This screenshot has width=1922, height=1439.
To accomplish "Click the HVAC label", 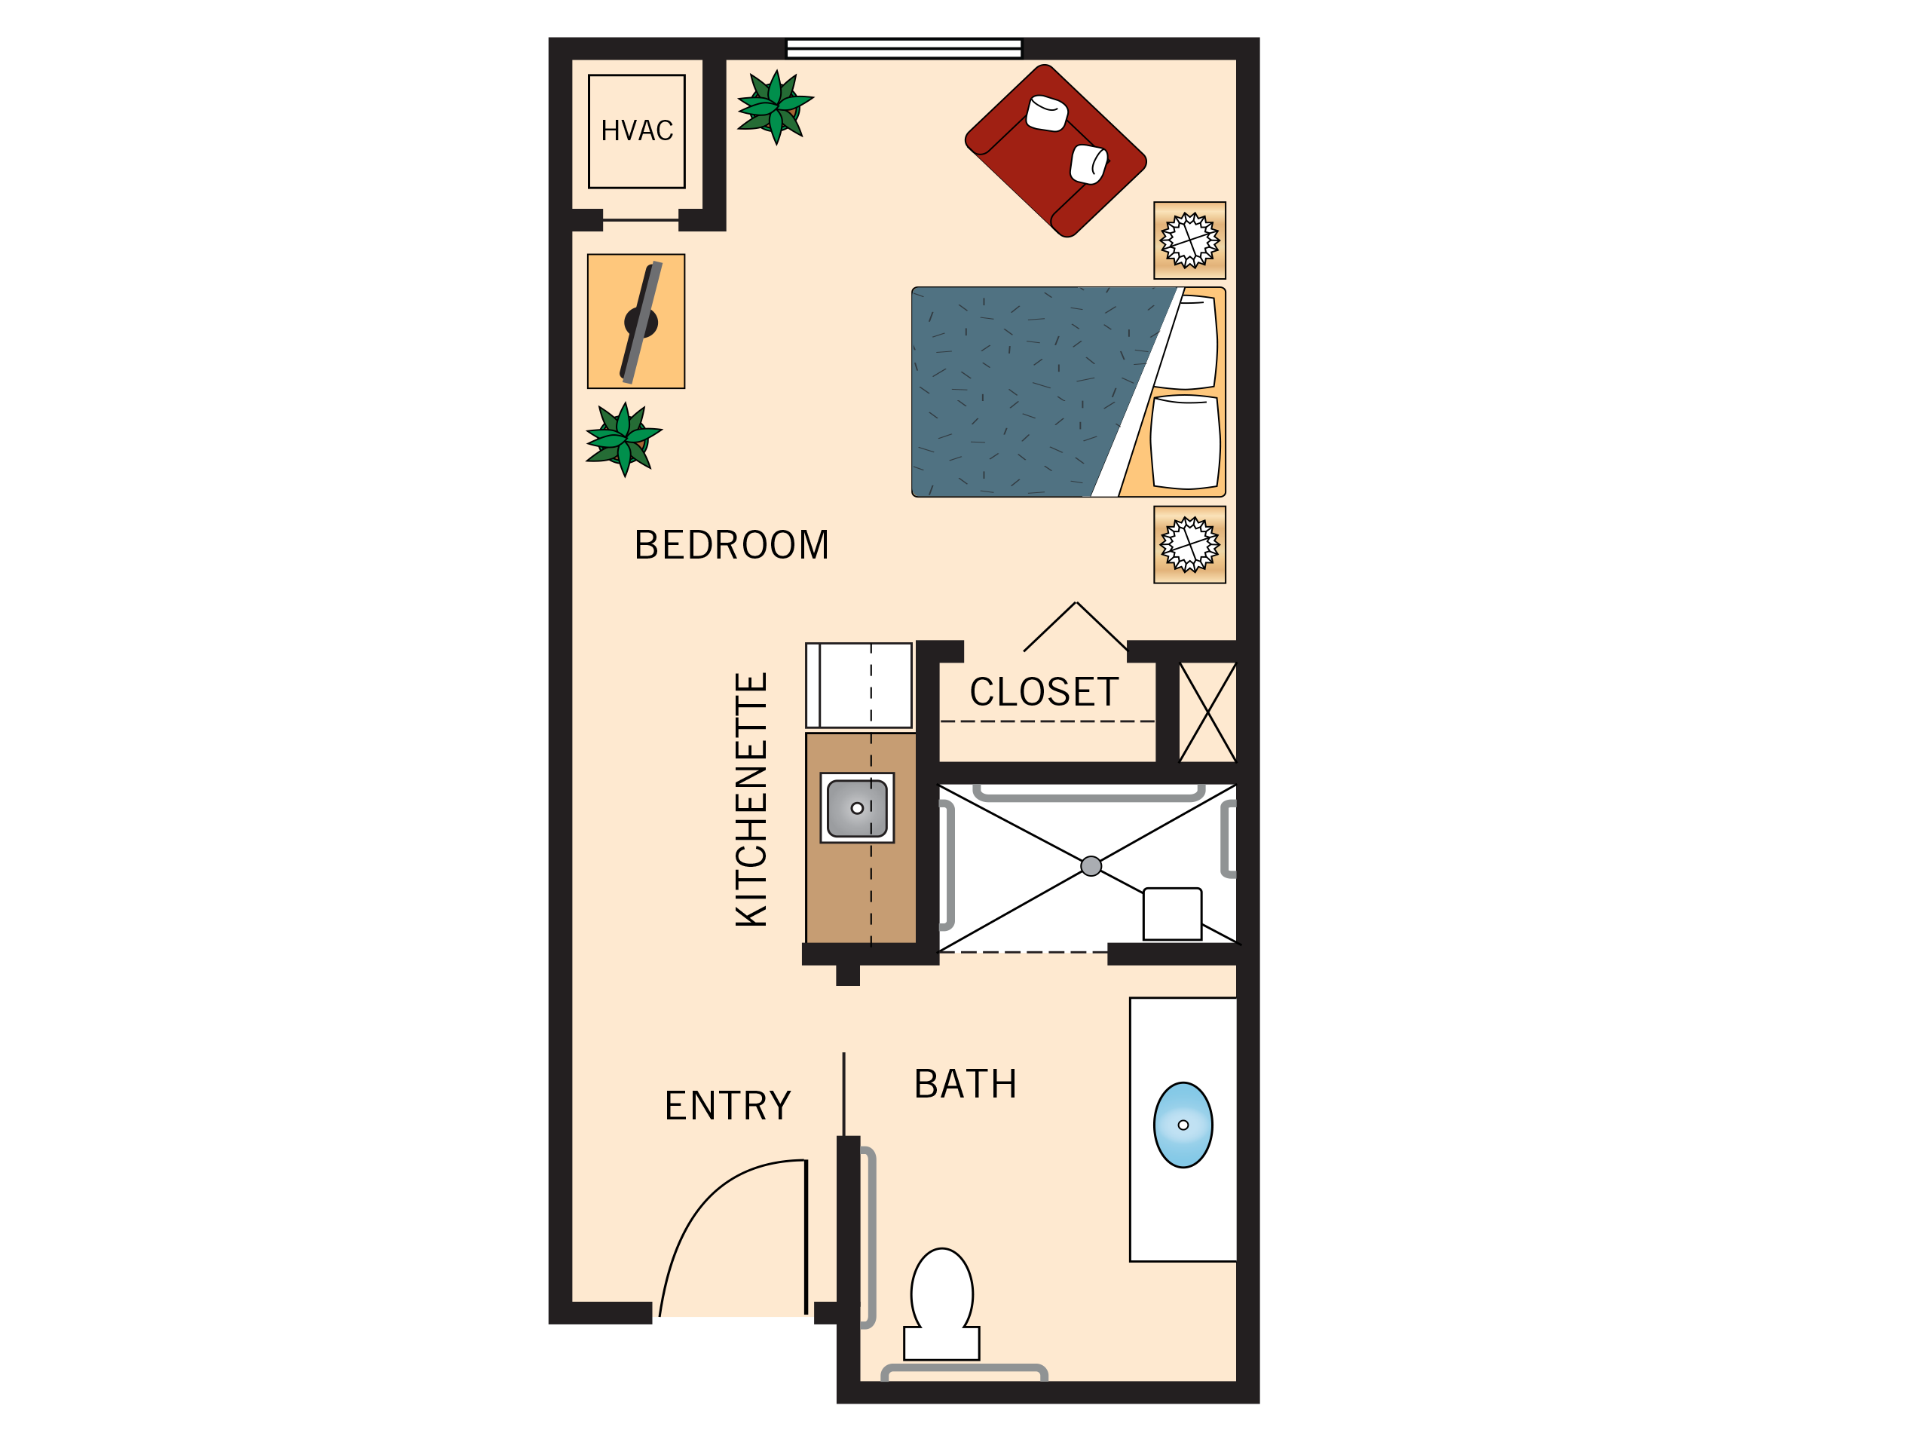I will click(x=637, y=131).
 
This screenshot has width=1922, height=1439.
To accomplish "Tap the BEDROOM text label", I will click(x=732, y=546).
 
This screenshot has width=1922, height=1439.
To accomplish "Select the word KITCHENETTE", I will click(x=751, y=800).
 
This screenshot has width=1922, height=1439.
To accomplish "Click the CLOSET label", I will click(x=1044, y=693).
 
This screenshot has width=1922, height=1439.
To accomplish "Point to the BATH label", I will click(x=966, y=1085).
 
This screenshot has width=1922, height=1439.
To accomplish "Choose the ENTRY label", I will click(x=727, y=1106).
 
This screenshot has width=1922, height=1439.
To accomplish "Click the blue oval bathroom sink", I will click(x=1183, y=1125).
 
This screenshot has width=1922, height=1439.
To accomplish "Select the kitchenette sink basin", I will click(x=857, y=808).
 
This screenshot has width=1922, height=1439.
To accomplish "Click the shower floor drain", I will click(x=1091, y=865).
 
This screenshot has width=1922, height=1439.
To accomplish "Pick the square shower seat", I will click(x=1172, y=914).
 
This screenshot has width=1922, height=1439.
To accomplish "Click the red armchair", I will click(x=1055, y=150).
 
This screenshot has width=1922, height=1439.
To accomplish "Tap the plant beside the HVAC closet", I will click(x=775, y=107).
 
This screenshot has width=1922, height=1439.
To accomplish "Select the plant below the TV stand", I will click(x=623, y=439).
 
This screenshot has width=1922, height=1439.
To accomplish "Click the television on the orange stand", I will click(x=641, y=323).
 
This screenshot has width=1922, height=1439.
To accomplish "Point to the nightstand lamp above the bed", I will click(x=1189, y=240).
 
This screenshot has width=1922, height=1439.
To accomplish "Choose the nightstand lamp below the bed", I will click(x=1189, y=545).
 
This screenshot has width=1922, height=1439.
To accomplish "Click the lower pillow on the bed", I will click(x=1185, y=442).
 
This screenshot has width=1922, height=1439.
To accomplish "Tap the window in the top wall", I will click(x=904, y=49).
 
